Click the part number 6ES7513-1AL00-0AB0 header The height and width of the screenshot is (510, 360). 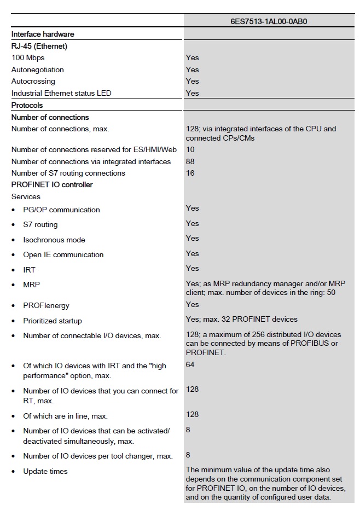click(x=269, y=22)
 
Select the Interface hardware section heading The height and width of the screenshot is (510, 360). click(x=43, y=34)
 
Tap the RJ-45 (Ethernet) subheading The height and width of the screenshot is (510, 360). click(x=39, y=46)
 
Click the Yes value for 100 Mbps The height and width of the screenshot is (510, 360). click(x=192, y=57)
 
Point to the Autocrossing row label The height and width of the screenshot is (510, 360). click(x=33, y=81)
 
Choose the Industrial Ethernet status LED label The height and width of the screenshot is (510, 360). click(x=61, y=93)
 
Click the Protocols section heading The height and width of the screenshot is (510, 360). click(x=27, y=105)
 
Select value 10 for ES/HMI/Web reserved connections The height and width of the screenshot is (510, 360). click(x=190, y=149)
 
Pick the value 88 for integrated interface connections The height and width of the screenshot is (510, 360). click(x=190, y=161)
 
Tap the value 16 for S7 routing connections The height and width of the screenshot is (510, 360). click(x=190, y=173)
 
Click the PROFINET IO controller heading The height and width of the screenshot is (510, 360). click(x=52, y=184)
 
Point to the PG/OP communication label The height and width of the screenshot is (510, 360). click(x=61, y=210)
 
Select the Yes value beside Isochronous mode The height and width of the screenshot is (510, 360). click(x=192, y=238)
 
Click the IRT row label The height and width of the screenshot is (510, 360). click(x=29, y=270)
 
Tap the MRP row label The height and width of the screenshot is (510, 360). click(x=31, y=285)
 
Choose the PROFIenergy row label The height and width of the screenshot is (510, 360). click(x=46, y=305)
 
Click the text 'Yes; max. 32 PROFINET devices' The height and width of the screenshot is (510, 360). click(x=242, y=319)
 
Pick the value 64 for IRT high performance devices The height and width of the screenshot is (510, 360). click(x=190, y=364)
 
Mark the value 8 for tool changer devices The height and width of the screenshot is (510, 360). click(x=188, y=455)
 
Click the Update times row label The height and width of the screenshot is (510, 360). click(x=45, y=471)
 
